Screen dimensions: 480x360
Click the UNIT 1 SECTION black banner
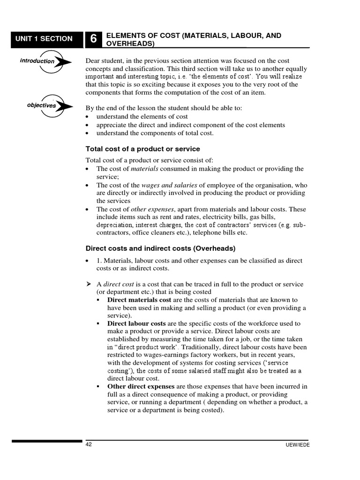pos(44,39)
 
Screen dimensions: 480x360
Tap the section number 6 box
pos(93,40)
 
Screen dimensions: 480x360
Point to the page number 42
pos(89,444)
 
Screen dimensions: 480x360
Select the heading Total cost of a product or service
pos(142,149)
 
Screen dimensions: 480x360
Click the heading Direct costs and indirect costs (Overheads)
pos(160,248)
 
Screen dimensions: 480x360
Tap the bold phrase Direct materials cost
pos(139,300)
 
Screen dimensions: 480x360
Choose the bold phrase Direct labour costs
pos(136,324)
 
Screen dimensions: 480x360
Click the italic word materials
pos(144,169)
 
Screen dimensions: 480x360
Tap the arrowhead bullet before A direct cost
pos(88,285)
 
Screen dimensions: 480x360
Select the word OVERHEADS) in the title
pos(131,44)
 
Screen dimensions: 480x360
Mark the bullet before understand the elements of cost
pos(88,117)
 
